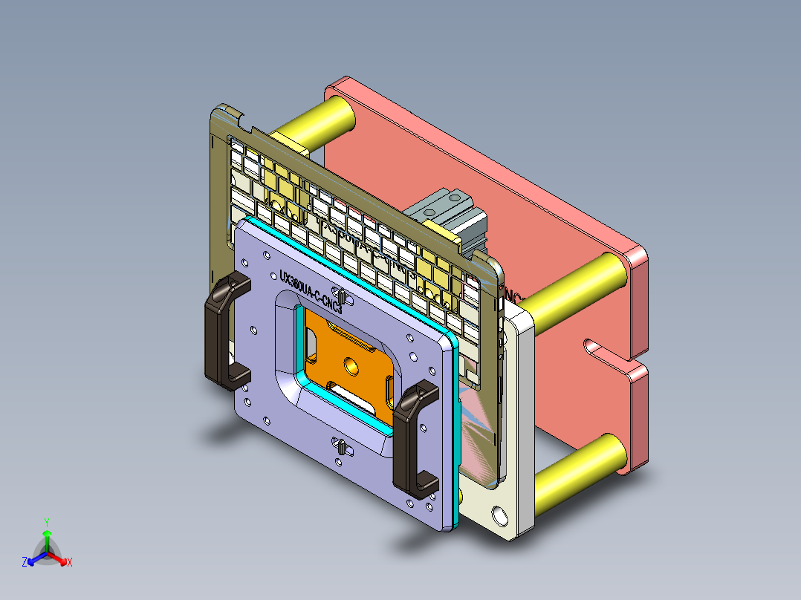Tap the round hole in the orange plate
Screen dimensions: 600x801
click(351, 365)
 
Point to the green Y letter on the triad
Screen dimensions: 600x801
click(46, 522)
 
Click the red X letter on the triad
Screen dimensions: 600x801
click(70, 563)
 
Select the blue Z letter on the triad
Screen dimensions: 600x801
click(25, 563)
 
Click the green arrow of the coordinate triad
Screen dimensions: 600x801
click(46, 538)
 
